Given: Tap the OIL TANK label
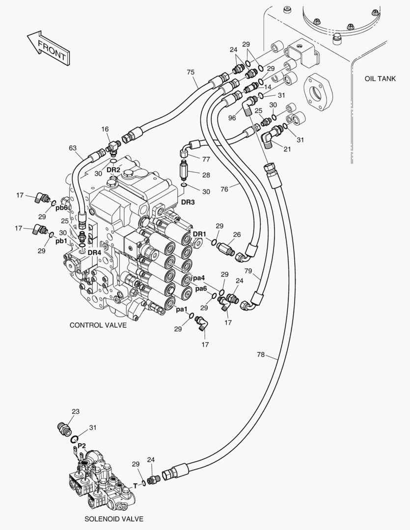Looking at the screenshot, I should click(x=381, y=79).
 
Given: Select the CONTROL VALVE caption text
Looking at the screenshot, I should click(x=98, y=325).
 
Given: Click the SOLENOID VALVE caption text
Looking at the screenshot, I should click(x=114, y=518).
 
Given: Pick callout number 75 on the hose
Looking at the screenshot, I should click(x=191, y=72).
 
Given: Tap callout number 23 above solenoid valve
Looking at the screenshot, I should click(x=75, y=411).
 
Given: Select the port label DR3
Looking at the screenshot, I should click(x=189, y=202).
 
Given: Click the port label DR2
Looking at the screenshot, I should click(x=113, y=170).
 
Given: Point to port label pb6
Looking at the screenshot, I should click(x=61, y=208).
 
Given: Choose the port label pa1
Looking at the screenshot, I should click(x=182, y=309).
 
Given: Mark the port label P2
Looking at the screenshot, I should click(x=82, y=445).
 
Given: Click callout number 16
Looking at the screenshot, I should click(x=105, y=129).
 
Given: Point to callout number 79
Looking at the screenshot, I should click(x=248, y=271).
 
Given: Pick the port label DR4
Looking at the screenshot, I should click(x=94, y=252).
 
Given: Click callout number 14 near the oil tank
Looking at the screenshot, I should click(x=268, y=87).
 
